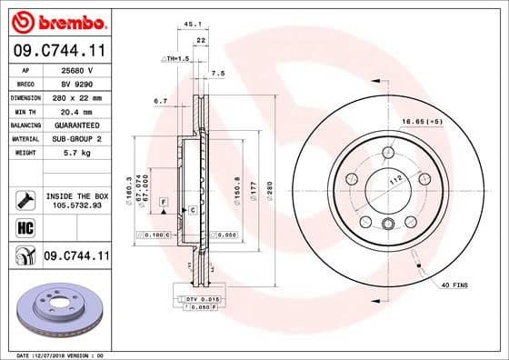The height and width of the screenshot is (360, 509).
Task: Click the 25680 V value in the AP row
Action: pos(77,69)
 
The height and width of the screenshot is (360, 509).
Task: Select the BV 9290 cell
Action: pos(77,82)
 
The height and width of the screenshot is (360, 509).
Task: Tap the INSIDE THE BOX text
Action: pos(77,195)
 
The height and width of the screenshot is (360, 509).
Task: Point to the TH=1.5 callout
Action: pos(175,57)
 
